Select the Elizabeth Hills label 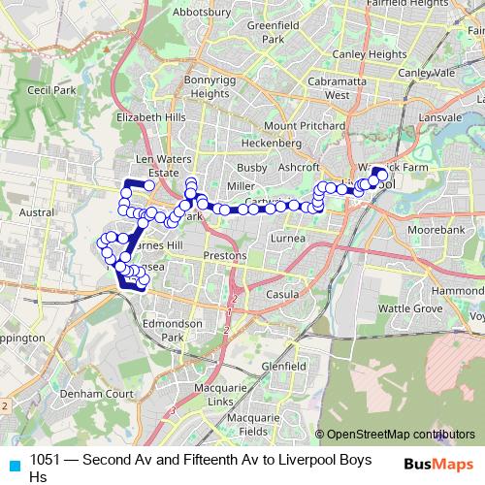[x=148, y=116]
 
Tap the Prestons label [x=225, y=255]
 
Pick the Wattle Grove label [x=410, y=307]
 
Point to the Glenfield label [x=283, y=367]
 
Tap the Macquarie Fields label [x=240, y=425]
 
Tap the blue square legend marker [x=11, y=465]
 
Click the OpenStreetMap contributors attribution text [x=400, y=434]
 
